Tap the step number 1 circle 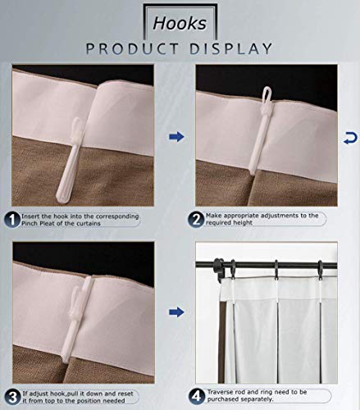[x=12, y=219]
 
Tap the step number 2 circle [x=197, y=219]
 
